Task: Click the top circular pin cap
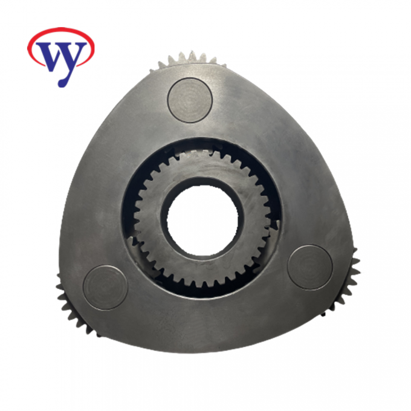tap(190, 100)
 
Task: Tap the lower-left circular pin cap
tap(106, 288)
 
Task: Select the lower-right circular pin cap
tap(310, 267)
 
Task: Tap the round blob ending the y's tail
tap(62, 83)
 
